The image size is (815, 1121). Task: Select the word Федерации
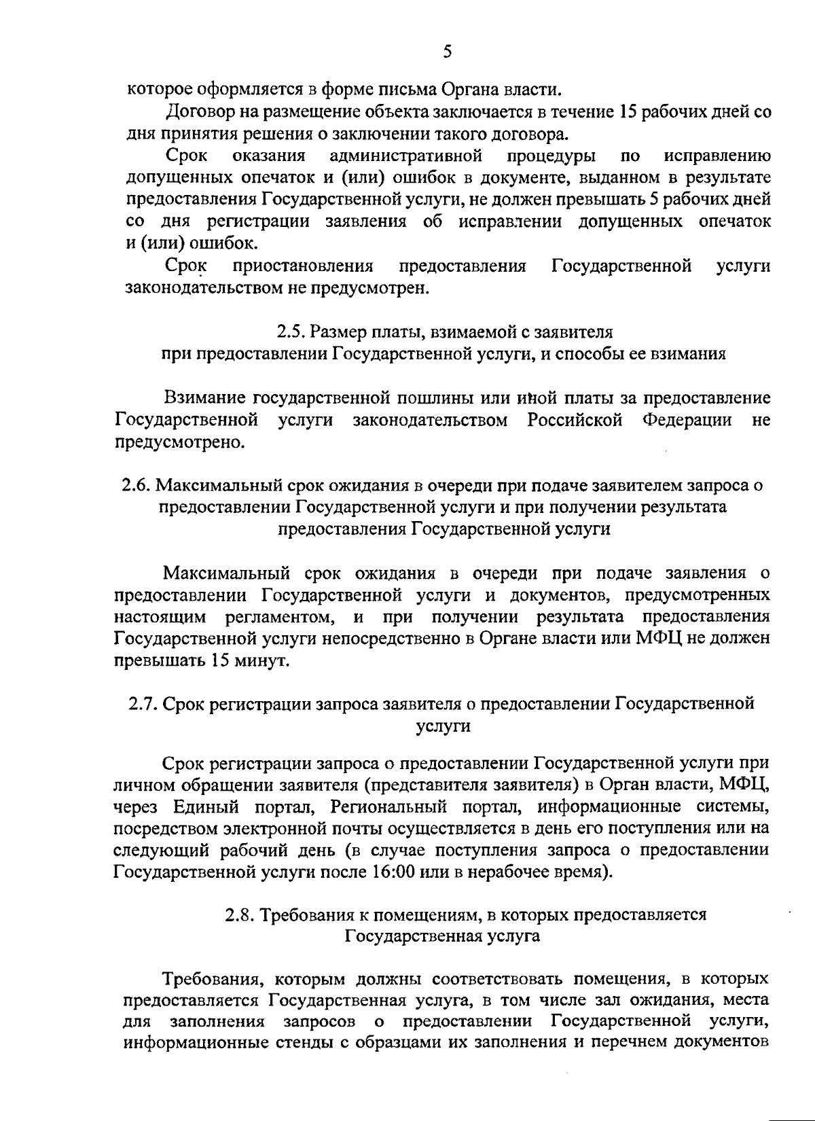point(687,421)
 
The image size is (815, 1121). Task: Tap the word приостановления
point(303,266)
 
